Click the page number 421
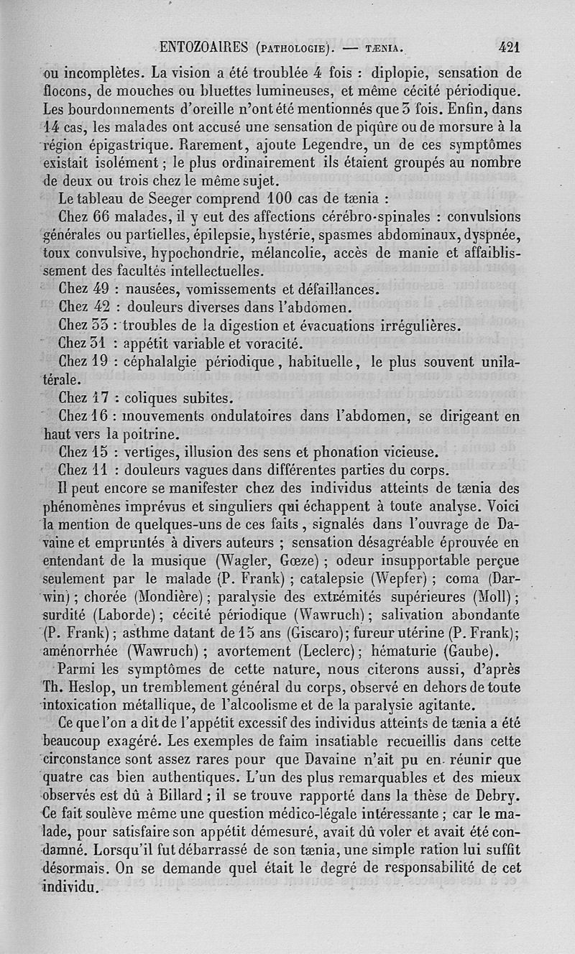click(x=508, y=48)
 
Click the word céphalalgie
click(x=163, y=361)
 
